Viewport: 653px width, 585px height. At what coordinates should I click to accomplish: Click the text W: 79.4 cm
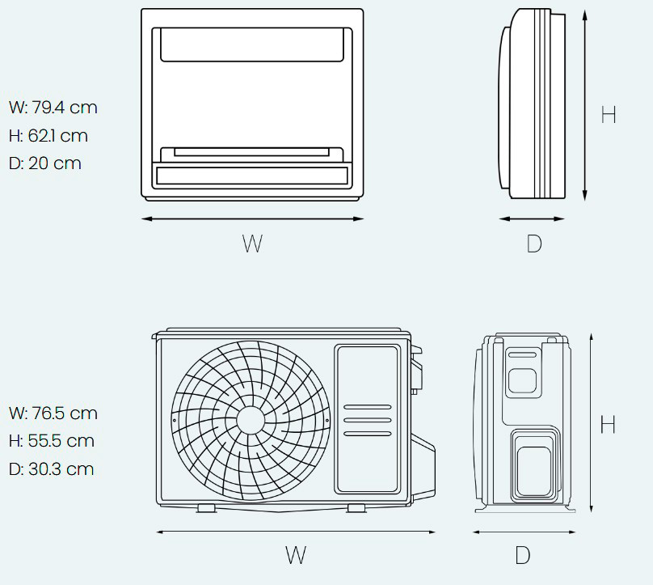coord(53,107)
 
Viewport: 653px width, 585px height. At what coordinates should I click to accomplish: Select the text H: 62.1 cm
coord(48,135)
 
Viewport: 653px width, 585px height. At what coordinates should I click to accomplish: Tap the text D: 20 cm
coord(44,163)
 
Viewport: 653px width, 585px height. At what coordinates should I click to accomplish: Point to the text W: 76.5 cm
coord(53,413)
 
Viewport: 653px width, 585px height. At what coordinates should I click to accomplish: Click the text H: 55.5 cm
coord(51,441)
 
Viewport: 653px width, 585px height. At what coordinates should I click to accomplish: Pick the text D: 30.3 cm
coord(51,468)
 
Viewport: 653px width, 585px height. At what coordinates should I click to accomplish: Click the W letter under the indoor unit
coord(252,243)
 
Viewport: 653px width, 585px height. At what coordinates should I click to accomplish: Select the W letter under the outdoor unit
coord(296,555)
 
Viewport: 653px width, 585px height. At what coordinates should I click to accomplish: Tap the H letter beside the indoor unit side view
coord(609,115)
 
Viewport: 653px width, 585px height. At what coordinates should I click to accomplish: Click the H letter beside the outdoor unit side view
coord(609,423)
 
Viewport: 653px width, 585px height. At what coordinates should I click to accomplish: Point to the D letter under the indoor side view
coord(533,243)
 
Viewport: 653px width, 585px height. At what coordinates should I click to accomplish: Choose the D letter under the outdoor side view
coord(523,555)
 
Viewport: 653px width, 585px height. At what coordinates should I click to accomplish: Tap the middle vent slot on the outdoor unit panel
coord(367,420)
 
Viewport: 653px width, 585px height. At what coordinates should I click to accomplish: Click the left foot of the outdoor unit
coord(206,508)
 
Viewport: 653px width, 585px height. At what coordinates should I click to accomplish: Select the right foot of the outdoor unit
coord(355,508)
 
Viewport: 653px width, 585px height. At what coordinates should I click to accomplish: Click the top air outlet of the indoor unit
coord(252,45)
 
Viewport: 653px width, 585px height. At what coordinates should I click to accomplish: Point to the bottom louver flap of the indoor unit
coord(252,175)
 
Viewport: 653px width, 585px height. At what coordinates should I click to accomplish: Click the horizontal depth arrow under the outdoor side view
coord(524,532)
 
